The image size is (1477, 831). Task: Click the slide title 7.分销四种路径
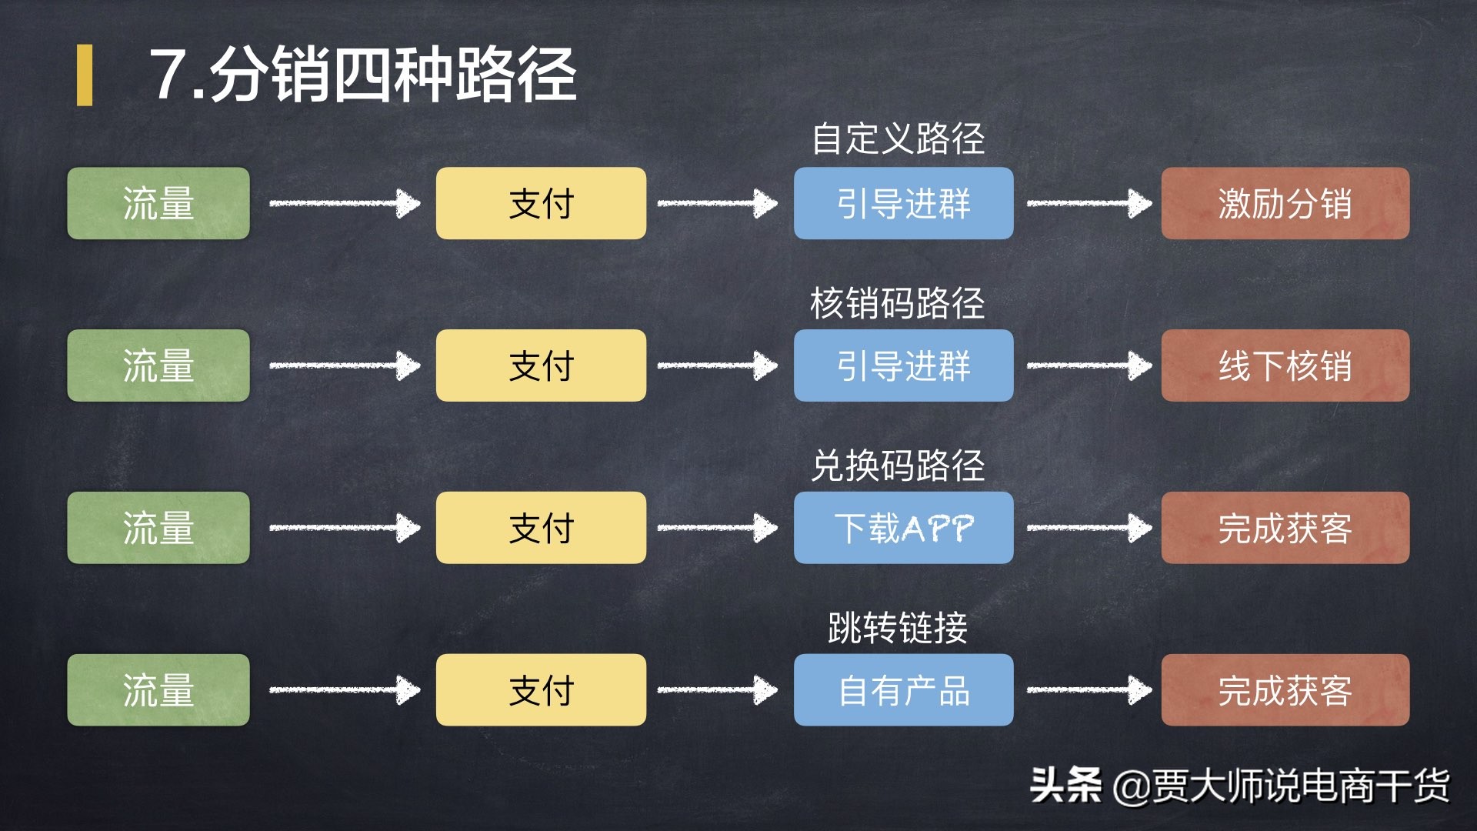(x=363, y=74)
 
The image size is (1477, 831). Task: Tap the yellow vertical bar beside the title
(x=85, y=75)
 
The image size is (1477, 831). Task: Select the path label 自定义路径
(x=898, y=139)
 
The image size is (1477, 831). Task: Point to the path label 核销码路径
(x=898, y=303)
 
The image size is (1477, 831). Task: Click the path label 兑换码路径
(x=898, y=466)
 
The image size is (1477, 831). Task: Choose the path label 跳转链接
(x=898, y=628)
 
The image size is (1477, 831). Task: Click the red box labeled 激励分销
(x=1285, y=203)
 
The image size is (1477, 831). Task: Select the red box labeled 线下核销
(x=1285, y=365)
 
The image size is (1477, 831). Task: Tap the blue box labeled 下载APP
(x=903, y=528)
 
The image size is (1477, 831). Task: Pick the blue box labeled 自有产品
(x=903, y=690)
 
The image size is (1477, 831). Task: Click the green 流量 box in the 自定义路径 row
(x=158, y=203)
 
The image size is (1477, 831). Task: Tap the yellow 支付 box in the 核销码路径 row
(x=541, y=365)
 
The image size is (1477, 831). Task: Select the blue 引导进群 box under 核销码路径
(x=903, y=365)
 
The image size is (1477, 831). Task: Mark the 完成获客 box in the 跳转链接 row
(x=1285, y=690)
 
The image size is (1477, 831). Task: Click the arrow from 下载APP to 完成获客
(x=1089, y=528)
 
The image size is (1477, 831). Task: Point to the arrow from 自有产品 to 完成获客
(x=1089, y=690)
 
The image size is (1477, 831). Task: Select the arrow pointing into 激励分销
(x=1089, y=203)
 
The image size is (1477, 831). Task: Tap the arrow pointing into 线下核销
(x=1089, y=365)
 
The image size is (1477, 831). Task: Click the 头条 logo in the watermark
(x=1065, y=786)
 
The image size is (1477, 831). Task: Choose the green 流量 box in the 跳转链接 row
(x=158, y=690)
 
